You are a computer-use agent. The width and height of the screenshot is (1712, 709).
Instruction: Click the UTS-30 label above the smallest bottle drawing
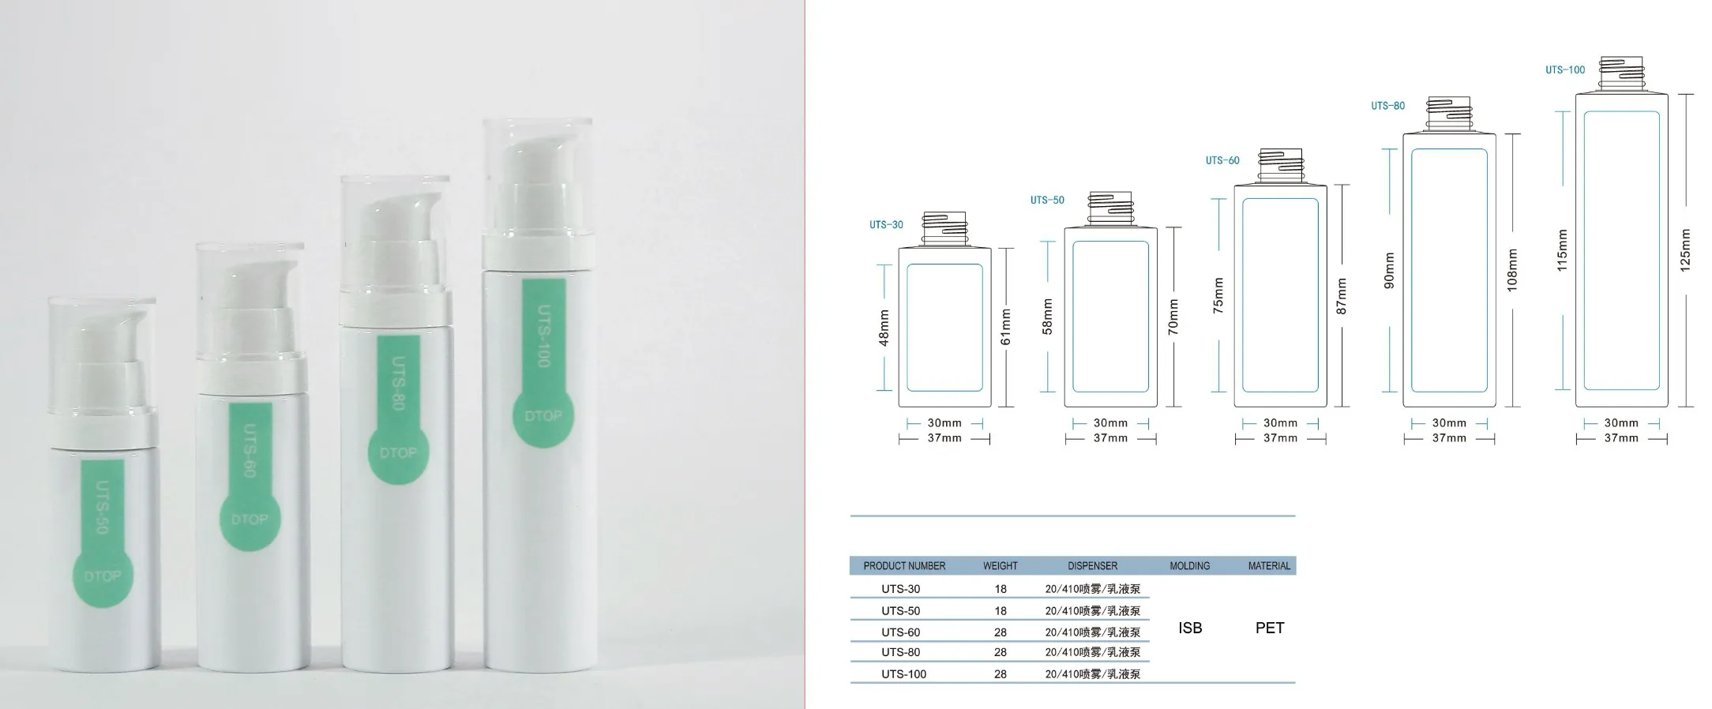tap(886, 225)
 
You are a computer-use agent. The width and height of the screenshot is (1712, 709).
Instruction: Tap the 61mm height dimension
tap(1005, 327)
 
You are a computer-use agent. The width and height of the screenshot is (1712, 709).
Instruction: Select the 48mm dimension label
tap(884, 328)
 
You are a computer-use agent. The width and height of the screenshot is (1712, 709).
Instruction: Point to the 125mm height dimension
tap(1685, 251)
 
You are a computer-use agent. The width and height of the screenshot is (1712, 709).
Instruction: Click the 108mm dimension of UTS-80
tap(1512, 270)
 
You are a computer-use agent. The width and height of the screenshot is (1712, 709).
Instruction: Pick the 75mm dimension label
tap(1218, 296)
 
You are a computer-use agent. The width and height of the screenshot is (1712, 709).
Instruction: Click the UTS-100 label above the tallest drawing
tap(1565, 70)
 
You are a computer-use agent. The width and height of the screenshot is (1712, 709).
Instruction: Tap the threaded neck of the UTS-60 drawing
tap(1280, 166)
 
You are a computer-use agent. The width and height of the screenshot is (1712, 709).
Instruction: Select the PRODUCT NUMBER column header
tap(904, 566)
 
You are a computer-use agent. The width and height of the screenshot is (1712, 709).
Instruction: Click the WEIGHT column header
tap(1001, 566)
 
